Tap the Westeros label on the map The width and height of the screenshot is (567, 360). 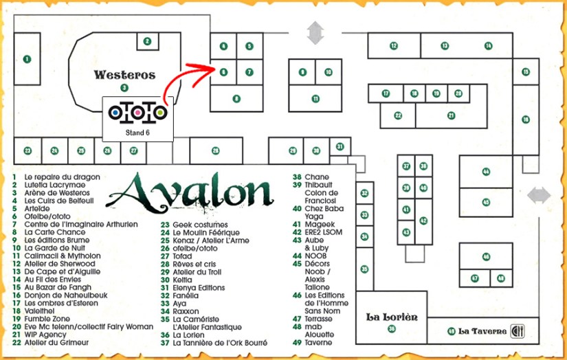pyautogui.click(x=124, y=75)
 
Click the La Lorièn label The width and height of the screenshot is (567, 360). pyautogui.click(x=392, y=317)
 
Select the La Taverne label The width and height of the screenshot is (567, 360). pyautogui.click(x=482, y=331)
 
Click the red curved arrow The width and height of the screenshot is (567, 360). pyautogui.click(x=192, y=76)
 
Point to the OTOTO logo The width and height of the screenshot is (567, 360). pyautogui.click(x=138, y=112)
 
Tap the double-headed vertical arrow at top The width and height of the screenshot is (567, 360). pyautogui.click(x=315, y=32)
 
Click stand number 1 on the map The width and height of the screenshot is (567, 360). pyautogui.click(x=27, y=59)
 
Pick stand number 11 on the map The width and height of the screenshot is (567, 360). pyautogui.click(x=315, y=98)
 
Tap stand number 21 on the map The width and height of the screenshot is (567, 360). pyautogui.click(x=451, y=115)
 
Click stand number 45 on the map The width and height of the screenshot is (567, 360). pyautogui.click(x=486, y=202)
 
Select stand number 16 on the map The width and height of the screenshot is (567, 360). pyautogui.click(x=525, y=119)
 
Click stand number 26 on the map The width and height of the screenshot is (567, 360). pyautogui.click(x=215, y=150)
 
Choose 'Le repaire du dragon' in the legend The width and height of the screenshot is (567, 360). pyautogui.click(x=57, y=177)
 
